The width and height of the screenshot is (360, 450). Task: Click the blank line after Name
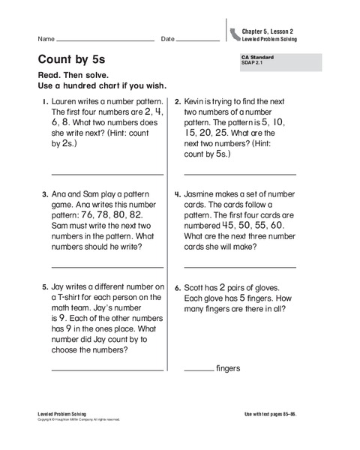[105, 40]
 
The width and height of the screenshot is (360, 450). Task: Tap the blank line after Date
[198, 40]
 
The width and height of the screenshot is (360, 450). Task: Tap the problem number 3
[45, 193]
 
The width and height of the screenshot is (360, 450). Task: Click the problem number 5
[45, 287]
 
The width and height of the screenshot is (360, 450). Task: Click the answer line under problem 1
[107, 173]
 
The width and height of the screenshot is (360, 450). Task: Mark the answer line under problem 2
[240, 173]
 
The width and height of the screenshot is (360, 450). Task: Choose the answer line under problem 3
[107, 266]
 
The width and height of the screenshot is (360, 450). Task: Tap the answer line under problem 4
[240, 266]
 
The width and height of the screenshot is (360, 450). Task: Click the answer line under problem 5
[107, 369]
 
